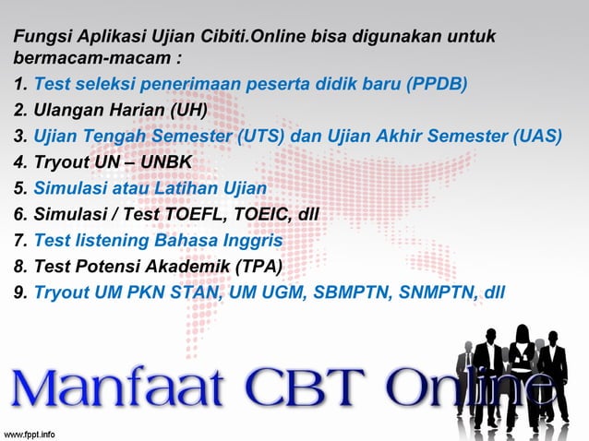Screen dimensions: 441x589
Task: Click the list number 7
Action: coord(19,241)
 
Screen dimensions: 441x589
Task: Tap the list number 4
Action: coord(19,163)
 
